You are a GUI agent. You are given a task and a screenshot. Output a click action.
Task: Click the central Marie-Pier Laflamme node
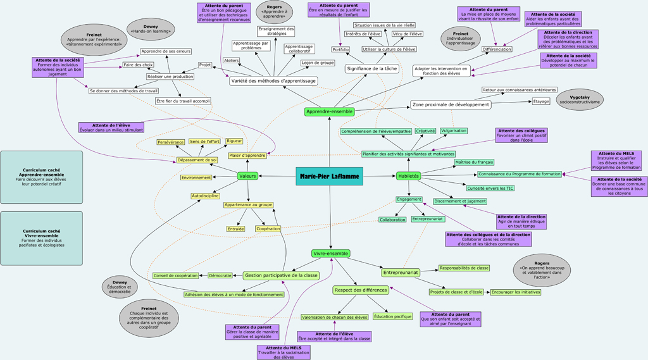click(x=329, y=176)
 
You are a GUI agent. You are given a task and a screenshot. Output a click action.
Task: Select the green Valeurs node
click(x=247, y=176)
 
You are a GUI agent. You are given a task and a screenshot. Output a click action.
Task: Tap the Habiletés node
click(x=408, y=176)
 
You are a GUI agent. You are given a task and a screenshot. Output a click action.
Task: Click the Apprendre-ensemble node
click(x=329, y=112)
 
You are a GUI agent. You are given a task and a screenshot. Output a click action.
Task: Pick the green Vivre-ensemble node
click(x=330, y=253)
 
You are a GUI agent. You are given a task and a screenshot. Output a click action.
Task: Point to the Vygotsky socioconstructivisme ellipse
click(x=580, y=99)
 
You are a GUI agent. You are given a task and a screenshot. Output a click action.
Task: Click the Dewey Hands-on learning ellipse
click(x=151, y=29)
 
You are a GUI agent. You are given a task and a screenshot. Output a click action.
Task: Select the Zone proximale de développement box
click(x=450, y=104)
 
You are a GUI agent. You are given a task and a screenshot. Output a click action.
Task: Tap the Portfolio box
click(x=340, y=49)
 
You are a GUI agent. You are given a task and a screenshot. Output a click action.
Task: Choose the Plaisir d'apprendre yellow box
click(x=247, y=156)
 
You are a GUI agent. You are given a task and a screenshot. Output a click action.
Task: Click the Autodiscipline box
click(x=205, y=196)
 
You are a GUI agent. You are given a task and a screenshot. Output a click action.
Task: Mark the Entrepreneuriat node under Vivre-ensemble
click(x=401, y=273)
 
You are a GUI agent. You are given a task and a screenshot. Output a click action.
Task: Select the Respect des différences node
click(x=360, y=290)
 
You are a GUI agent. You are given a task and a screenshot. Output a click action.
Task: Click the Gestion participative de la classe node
click(x=280, y=275)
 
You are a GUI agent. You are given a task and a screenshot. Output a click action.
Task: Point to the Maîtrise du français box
click(x=474, y=163)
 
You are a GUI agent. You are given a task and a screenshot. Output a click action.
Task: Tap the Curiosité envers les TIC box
click(x=490, y=188)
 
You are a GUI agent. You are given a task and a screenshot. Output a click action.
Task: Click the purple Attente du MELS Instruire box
click(x=616, y=160)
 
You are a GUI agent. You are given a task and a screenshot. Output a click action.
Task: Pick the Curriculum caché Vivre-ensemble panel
click(x=42, y=238)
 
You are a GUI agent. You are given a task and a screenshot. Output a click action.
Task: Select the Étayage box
click(x=541, y=101)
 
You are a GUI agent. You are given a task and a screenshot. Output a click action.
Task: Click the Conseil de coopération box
click(x=175, y=276)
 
